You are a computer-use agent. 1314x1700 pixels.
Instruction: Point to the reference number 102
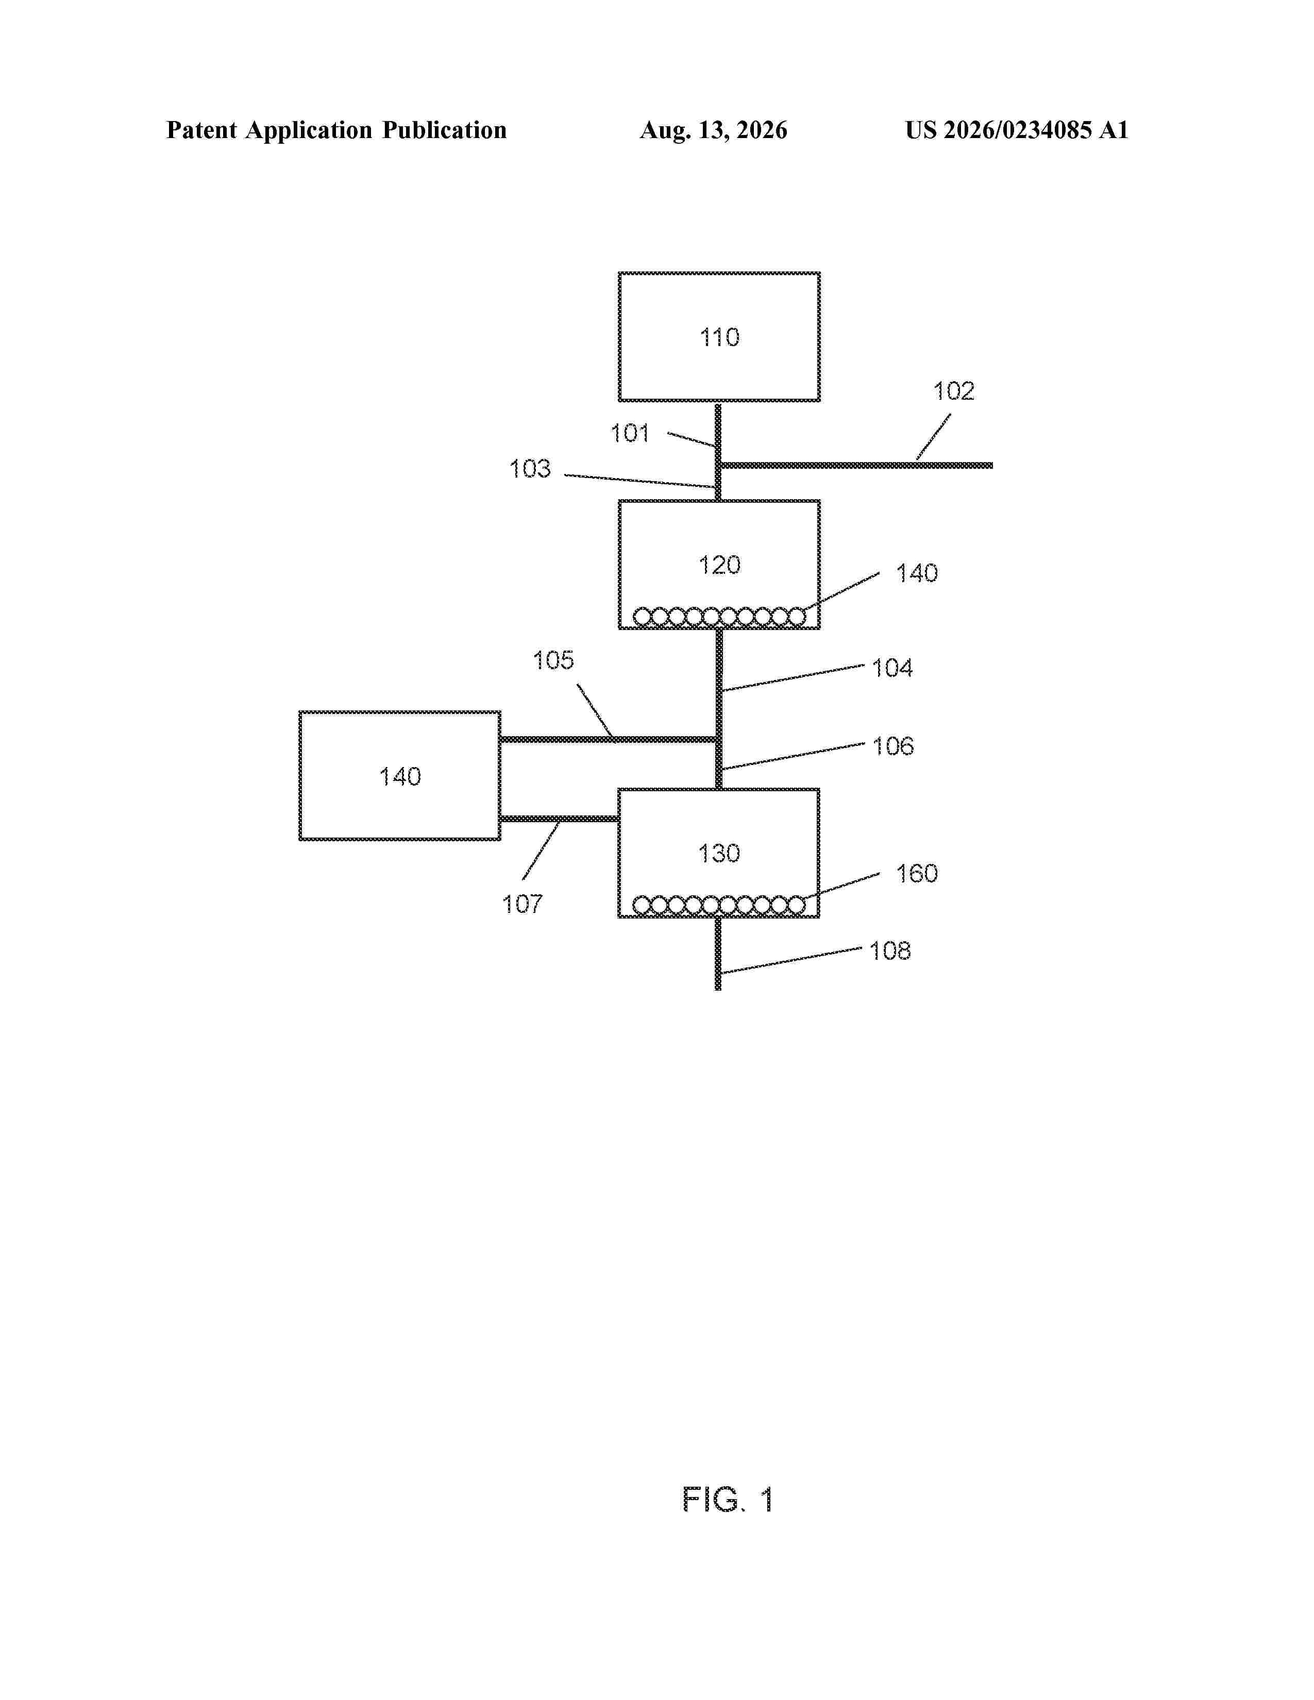pyautogui.click(x=954, y=391)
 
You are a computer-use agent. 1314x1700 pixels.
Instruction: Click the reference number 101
pyautogui.click(x=630, y=434)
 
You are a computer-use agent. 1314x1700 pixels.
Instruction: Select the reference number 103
pyautogui.click(x=530, y=469)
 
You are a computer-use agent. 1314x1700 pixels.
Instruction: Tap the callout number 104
pyautogui.click(x=892, y=668)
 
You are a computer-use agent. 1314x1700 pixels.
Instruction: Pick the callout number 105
pyautogui.click(x=553, y=660)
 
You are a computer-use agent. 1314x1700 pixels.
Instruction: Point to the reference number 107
pyautogui.click(x=523, y=904)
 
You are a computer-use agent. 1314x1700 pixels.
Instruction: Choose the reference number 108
pyautogui.click(x=890, y=950)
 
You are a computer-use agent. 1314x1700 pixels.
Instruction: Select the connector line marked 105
pyautogui.click(x=609, y=739)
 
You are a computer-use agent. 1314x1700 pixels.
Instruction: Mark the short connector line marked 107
pyautogui.click(x=560, y=819)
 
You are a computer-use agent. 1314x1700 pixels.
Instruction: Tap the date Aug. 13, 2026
pyautogui.click(x=713, y=130)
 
